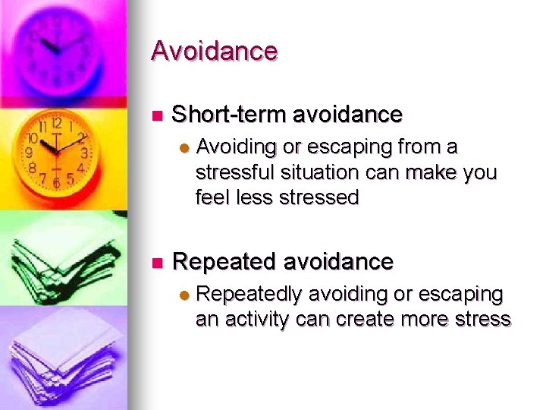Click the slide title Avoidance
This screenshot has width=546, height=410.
click(215, 51)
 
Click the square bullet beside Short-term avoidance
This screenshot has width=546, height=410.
click(157, 116)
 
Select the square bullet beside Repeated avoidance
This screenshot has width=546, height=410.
click(157, 263)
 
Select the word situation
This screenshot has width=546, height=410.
click(312, 172)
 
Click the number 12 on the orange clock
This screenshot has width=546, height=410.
click(56, 123)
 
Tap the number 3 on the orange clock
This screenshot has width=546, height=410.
click(84, 153)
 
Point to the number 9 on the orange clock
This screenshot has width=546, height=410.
click(30, 153)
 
